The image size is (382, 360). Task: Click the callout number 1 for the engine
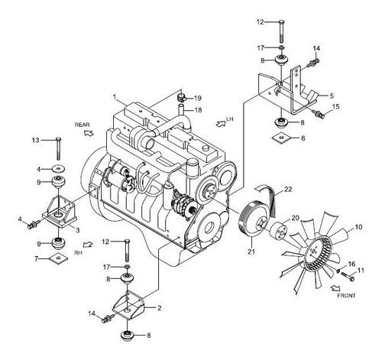tap(115, 97)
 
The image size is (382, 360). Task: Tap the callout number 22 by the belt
tap(288, 190)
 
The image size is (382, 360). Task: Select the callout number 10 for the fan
tap(358, 227)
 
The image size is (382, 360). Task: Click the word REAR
tap(82, 125)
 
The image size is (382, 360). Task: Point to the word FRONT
tap(346, 296)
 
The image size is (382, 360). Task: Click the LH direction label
tap(230, 119)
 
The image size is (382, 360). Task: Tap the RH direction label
tap(78, 253)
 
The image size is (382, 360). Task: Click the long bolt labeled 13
tap(59, 149)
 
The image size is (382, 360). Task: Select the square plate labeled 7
tap(59, 259)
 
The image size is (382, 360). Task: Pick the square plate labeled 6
tap(281, 138)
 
